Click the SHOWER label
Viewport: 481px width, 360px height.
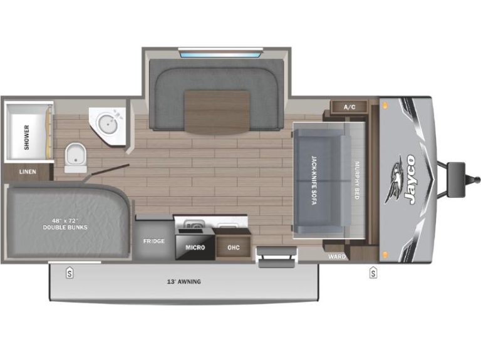[27, 137]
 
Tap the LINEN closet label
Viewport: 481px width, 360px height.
[28, 172]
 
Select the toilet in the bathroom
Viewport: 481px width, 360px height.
[75, 158]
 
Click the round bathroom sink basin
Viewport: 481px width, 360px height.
[107, 123]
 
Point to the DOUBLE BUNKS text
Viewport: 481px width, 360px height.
[65, 227]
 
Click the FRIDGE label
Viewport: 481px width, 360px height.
[154, 241]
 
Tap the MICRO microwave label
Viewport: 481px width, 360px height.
[195, 247]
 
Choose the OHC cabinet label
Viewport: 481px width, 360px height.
[234, 247]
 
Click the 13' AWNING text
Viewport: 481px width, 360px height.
[184, 282]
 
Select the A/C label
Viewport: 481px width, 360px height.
[349, 107]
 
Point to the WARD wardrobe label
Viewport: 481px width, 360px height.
[337, 257]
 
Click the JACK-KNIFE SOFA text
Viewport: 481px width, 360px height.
[314, 180]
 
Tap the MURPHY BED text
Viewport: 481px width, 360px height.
[357, 180]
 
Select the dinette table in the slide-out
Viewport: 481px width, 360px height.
[217, 111]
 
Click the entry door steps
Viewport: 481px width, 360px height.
[277, 257]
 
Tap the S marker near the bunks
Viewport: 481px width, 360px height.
[70, 272]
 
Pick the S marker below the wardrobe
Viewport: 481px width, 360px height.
[373, 272]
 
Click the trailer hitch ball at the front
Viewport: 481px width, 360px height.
[477, 179]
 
